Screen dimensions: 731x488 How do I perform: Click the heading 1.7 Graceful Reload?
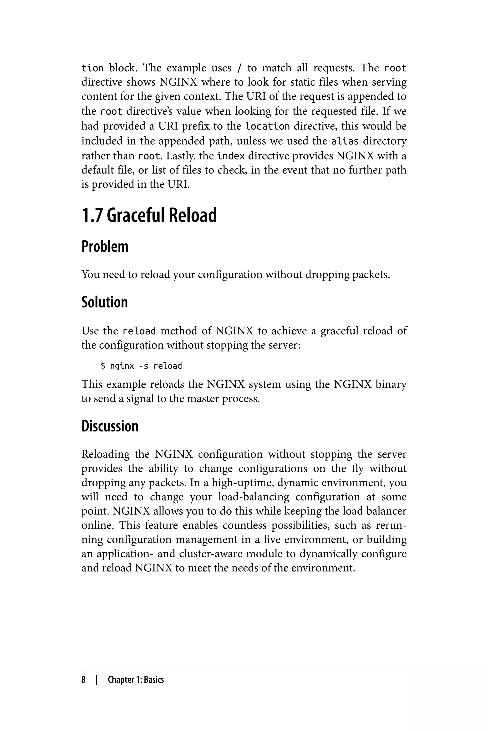[x=149, y=215]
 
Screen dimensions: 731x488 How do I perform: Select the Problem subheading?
[x=105, y=247]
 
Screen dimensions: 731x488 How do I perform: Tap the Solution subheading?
[x=105, y=302]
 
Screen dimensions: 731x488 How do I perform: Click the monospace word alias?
[x=345, y=141]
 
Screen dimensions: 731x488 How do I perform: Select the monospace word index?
[x=231, y=156]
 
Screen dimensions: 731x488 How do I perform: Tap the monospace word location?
[x=268, y=127]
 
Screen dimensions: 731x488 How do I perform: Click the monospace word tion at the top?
[x=92, y=68]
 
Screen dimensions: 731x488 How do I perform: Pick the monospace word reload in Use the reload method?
[x=139, y=331]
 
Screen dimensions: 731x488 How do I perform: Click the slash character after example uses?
[x=239, y=68]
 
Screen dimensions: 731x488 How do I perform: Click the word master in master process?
[x=203, y=399]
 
